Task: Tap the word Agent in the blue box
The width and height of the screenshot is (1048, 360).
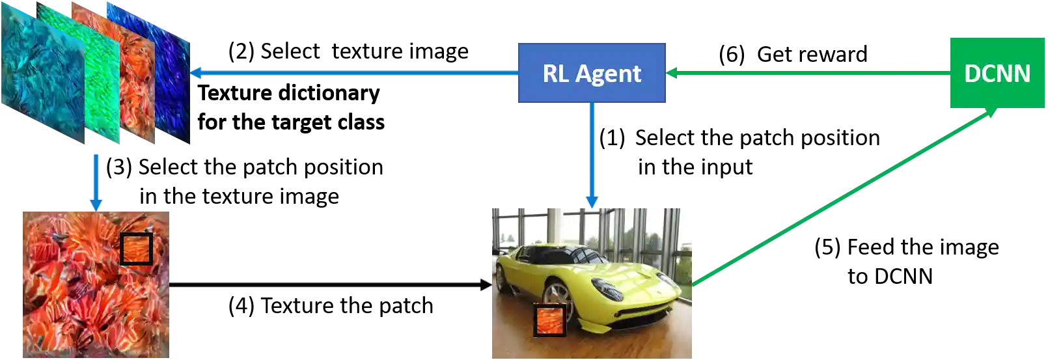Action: click(x=609, y=74)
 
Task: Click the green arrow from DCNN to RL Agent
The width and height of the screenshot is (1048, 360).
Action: click(x=807, y=73)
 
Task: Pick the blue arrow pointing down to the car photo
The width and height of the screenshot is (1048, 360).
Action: click(x=592, y=156)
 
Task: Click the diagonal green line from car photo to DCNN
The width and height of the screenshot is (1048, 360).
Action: click(x=846, y=199)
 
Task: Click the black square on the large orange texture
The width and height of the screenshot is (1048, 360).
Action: click(x=136, y=249)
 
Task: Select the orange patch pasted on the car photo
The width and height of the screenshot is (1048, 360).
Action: click(x=550, y=320)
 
